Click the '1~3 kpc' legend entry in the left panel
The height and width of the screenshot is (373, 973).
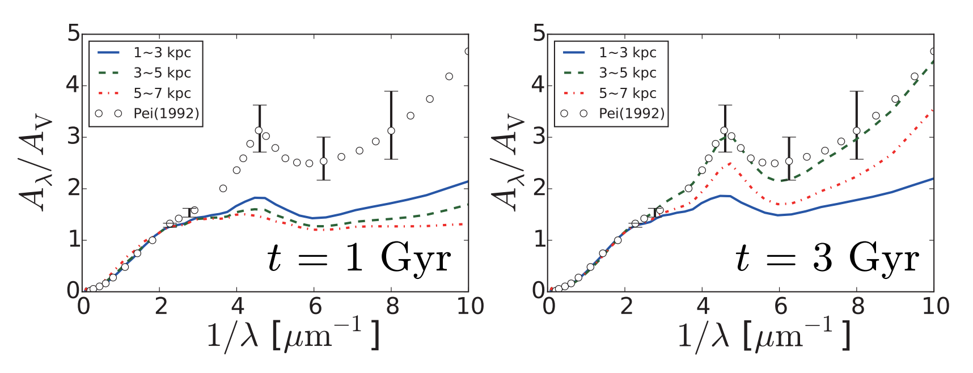162,53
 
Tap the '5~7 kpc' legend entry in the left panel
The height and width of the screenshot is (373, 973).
162,94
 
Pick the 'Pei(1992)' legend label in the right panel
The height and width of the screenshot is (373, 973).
631,113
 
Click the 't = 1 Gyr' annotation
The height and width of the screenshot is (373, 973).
358,258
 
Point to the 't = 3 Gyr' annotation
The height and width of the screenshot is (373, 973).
826,258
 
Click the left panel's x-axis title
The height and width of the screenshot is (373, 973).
293,336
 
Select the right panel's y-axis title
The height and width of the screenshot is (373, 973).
507,164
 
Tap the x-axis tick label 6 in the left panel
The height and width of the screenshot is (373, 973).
315,307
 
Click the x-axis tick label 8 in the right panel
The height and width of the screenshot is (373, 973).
857,307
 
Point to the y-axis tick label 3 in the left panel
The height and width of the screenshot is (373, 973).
73,137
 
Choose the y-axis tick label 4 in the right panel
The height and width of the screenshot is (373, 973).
539,85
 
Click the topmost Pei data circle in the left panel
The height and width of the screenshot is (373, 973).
468,52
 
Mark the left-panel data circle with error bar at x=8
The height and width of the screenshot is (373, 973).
391,131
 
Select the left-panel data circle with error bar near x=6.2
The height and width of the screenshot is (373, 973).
323,161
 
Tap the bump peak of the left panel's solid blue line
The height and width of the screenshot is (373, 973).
258,197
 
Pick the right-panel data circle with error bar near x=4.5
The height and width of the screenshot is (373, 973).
724,130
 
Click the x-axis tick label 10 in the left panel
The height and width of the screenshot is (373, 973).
470,307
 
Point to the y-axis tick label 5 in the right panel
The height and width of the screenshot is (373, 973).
539,34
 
